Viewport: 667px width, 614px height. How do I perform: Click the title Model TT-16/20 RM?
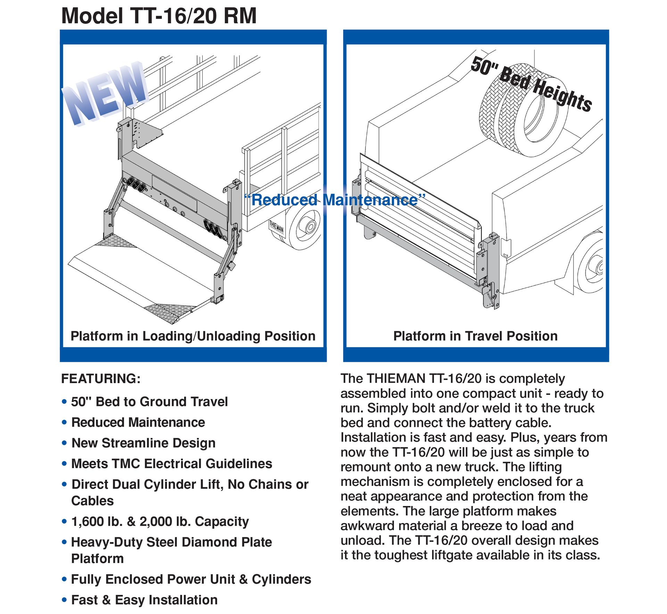pyautogui.click(x=159, y=16)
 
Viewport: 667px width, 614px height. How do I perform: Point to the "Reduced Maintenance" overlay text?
pyautogui.click(x=335, y=200)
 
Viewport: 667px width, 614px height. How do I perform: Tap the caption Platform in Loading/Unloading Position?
pyautogui.click(x=193, y=336)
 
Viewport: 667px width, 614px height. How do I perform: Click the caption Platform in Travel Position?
pyautogui.click(x=475, y=336)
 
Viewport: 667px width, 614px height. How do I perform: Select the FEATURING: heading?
pyautogui.click(x=101, y=379)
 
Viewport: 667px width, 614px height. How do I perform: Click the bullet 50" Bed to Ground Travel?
pyautogui.click(x=149, y=402)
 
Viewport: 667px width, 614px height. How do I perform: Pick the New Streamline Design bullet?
pyautogui.click(x=143, y=443)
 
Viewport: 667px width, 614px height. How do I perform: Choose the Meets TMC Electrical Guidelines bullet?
pyautogui.click(x=172, y=464)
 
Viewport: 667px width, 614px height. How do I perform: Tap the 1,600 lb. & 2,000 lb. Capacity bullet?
pyautogui.click(x=160, y=522)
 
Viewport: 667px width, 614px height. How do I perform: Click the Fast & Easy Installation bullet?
pyautogui.click(x=144, y=600)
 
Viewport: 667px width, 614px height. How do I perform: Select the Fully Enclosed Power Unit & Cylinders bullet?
pyautogui.click(x=191, y=579)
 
